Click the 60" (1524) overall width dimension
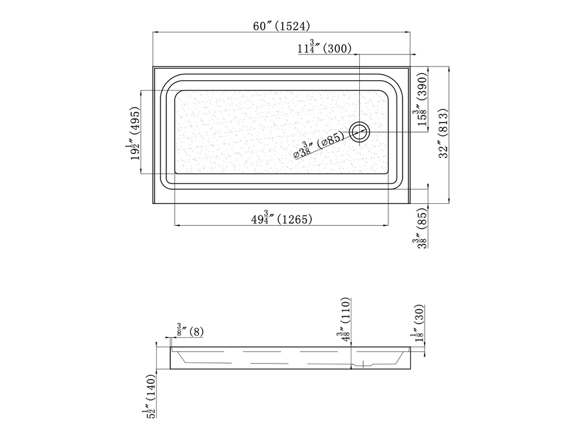click(x=282, y=26)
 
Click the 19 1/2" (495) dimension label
click(x=135, y=133)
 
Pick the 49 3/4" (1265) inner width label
click(x=282, y=218)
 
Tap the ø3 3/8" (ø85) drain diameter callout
click(x=319, y=145)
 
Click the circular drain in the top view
click(x=360, y=132)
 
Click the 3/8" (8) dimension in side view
click(x=190, y=331)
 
